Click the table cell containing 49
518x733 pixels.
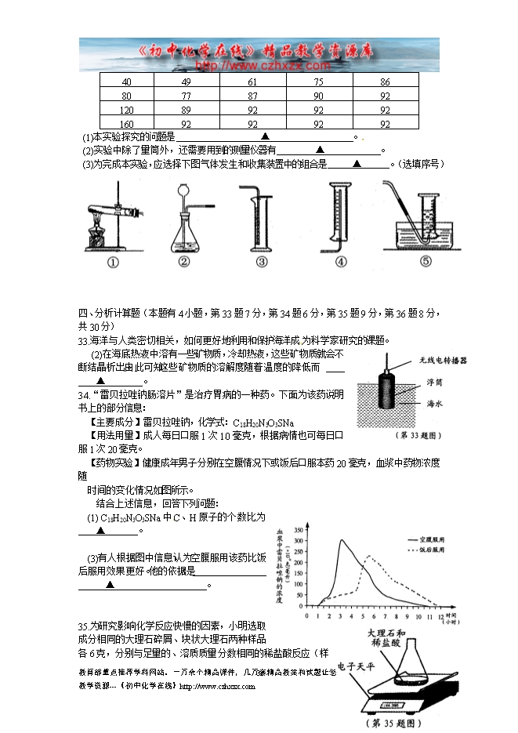(x=186, y=82)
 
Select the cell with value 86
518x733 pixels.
(x=385, y=82)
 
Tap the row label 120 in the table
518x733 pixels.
(x=126, y=110)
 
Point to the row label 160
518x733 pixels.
(x=126, y=124)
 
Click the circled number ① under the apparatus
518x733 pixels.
(x=113, y=263)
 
